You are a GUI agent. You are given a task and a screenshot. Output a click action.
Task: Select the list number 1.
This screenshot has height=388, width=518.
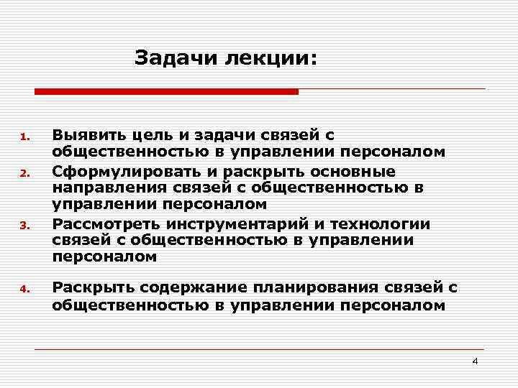point(24,137)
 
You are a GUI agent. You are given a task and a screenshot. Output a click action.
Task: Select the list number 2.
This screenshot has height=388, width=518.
point(24,173)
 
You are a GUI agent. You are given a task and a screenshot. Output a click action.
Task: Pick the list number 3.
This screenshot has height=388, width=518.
point(24,226)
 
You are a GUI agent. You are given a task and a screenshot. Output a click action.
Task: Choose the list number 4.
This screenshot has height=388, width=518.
point(24,290)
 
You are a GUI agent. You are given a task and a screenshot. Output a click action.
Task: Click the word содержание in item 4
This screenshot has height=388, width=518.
point(193,287)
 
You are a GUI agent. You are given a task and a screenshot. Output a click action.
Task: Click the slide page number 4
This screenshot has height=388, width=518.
point(475,361)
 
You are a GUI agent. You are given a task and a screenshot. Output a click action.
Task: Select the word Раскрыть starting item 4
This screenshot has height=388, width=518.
point(93,287)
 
